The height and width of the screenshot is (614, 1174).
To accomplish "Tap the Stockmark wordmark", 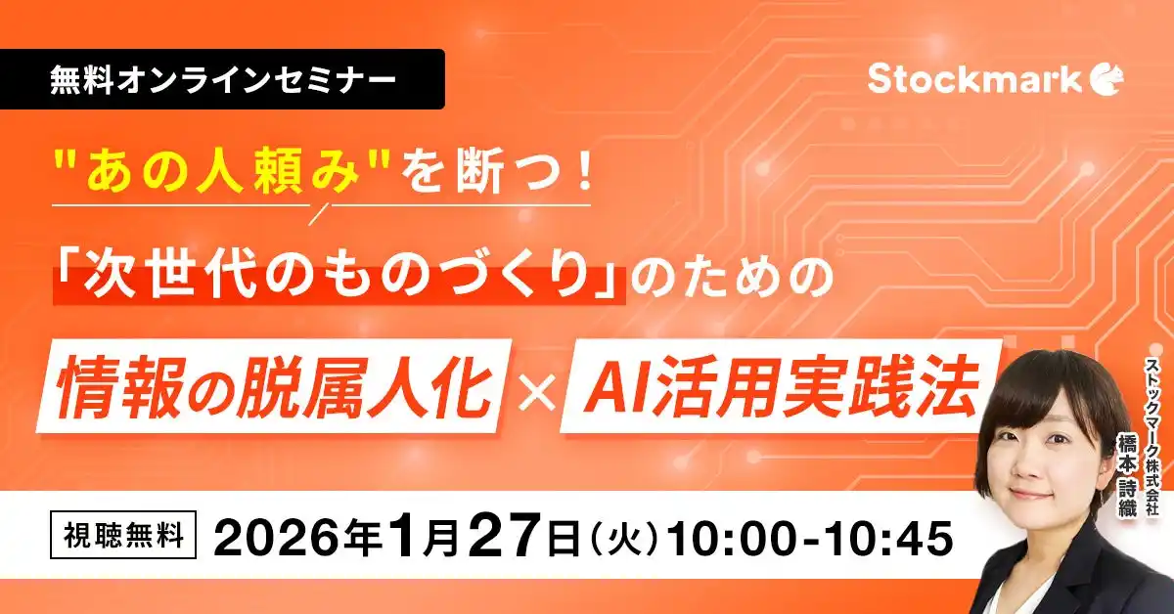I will click(x=973, y=79).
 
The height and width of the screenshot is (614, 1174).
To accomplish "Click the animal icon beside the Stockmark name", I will click(x=1106, y=79).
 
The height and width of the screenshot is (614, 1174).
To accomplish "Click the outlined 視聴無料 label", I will click(x=124, y=539).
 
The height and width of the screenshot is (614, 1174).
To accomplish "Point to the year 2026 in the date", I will click(x=284, y=539).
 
